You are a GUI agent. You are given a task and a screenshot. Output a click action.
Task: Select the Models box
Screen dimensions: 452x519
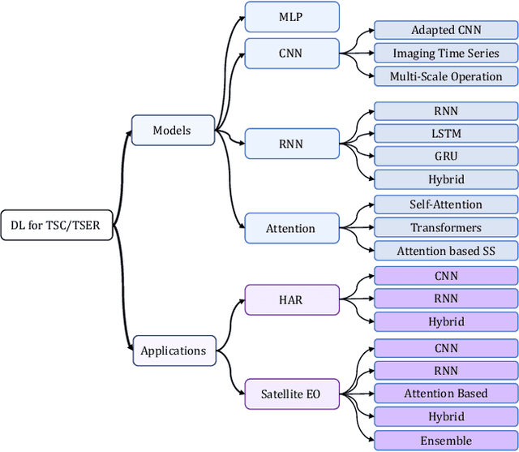tap(173, 130)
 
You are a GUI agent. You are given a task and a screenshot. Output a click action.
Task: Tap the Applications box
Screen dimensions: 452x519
tap(173, 351)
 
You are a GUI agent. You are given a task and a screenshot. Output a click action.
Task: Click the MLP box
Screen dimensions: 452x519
tap(290, 17)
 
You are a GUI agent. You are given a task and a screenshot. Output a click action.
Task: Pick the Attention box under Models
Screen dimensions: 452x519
tap(290, 228)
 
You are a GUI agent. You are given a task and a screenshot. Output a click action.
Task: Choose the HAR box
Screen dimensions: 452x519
tap(290, 299)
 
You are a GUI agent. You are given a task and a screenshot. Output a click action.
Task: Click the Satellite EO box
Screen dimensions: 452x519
tap(290, 395)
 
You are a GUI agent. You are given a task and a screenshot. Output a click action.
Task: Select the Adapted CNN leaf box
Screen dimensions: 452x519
tap(445, 30)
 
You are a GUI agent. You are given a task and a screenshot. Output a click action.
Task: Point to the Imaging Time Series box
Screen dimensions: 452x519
tap(445, 54)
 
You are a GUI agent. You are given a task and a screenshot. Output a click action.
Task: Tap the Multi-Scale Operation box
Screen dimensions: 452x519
tap(445, 76)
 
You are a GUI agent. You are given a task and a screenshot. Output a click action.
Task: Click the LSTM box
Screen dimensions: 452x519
tap(445, 132)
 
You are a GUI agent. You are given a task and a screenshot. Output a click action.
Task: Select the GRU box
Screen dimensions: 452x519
tap(445, 155)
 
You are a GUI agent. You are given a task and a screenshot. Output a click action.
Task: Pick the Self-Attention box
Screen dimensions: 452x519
tap(445, 204)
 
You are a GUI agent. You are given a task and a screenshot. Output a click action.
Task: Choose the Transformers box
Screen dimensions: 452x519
tap(445, 228)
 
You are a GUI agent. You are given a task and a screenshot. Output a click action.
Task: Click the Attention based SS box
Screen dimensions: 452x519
tap(445, 251)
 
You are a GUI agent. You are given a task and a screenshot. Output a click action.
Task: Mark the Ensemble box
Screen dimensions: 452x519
tap(445, 441)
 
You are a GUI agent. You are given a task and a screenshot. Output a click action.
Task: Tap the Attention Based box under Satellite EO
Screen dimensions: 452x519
tap(445, 394)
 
